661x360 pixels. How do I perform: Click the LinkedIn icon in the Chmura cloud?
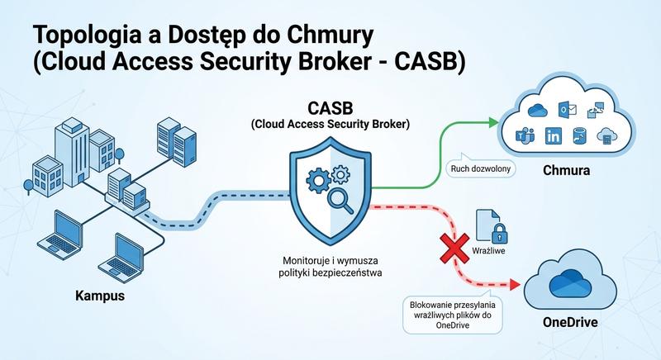tap(553, 135)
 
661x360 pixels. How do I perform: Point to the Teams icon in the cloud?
tap(525, 135)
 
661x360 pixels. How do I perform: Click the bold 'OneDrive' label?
tap(570, 321)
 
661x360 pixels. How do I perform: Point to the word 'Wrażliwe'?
tap(488, 249)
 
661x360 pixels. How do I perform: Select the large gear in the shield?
tap(318, 180)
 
